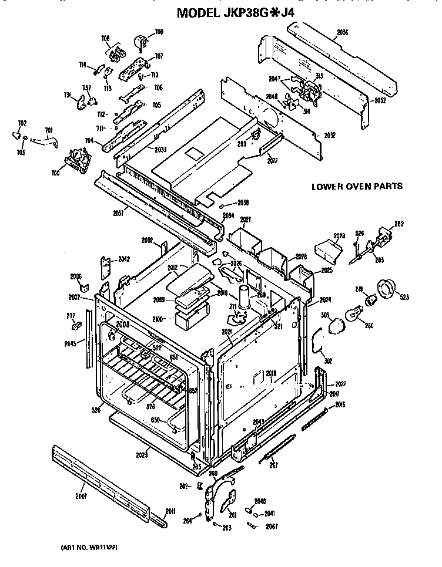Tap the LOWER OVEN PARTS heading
click(x=357, y=187)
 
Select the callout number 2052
click(x=380, y=100)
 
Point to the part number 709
click(x=159, y=32)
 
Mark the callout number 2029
click(x=337, y=236)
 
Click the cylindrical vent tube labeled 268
click(x=244, y=299)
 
